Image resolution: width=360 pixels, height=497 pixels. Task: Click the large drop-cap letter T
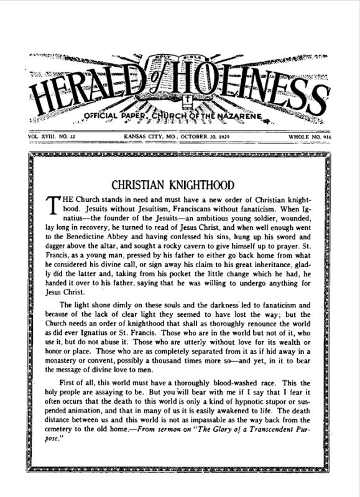pos(53,206)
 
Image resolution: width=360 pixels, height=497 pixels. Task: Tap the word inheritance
pos(272,273)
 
